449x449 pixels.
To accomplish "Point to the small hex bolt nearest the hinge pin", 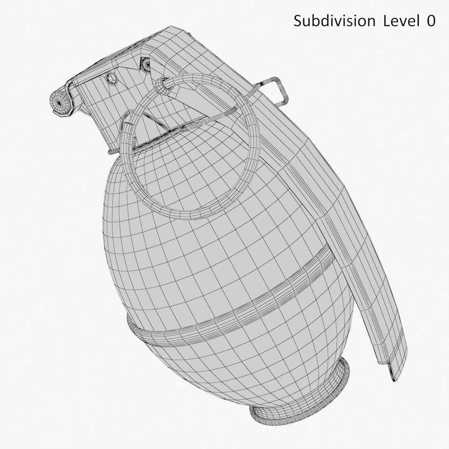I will coord(111,78).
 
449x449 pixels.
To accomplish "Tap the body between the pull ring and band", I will coord(208,249).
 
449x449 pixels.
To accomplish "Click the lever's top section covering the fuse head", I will coord(195,46).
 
